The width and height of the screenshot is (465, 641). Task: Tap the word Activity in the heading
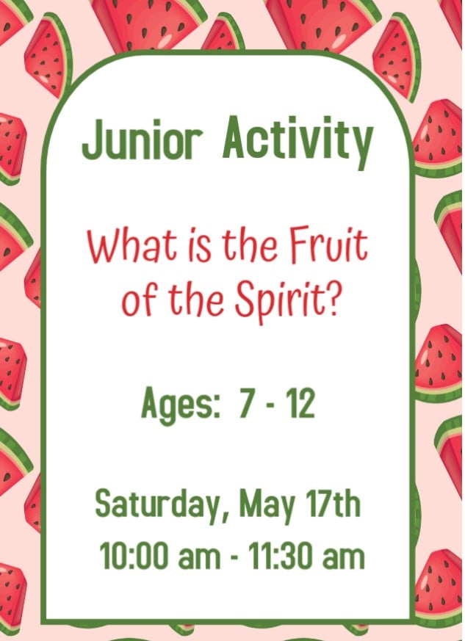click(298, 142)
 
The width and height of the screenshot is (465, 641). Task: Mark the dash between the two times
click(234, 557)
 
